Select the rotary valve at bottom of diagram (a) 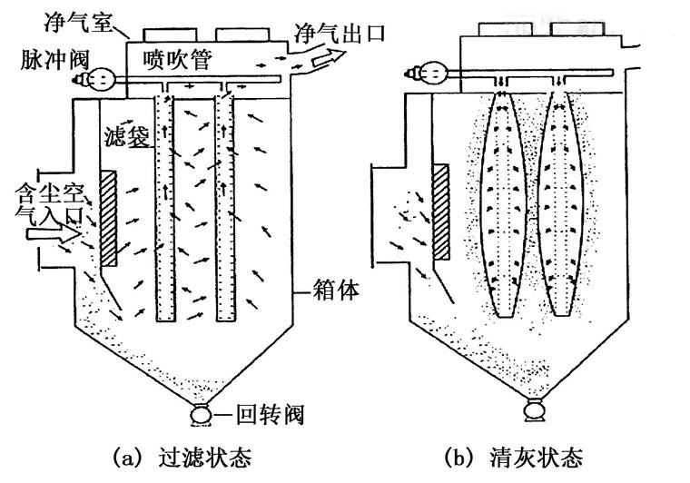pos(198,416)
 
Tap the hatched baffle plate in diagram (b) pos(442,212)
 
